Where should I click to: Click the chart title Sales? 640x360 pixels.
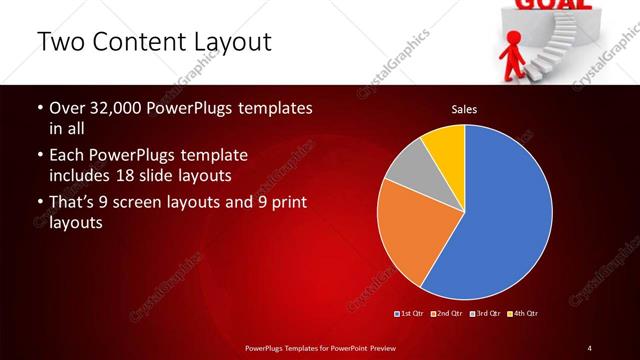463,108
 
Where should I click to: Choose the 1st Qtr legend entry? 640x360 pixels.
410,314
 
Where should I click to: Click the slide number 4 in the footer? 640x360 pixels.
590,347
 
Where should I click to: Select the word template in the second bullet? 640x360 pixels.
213,156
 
